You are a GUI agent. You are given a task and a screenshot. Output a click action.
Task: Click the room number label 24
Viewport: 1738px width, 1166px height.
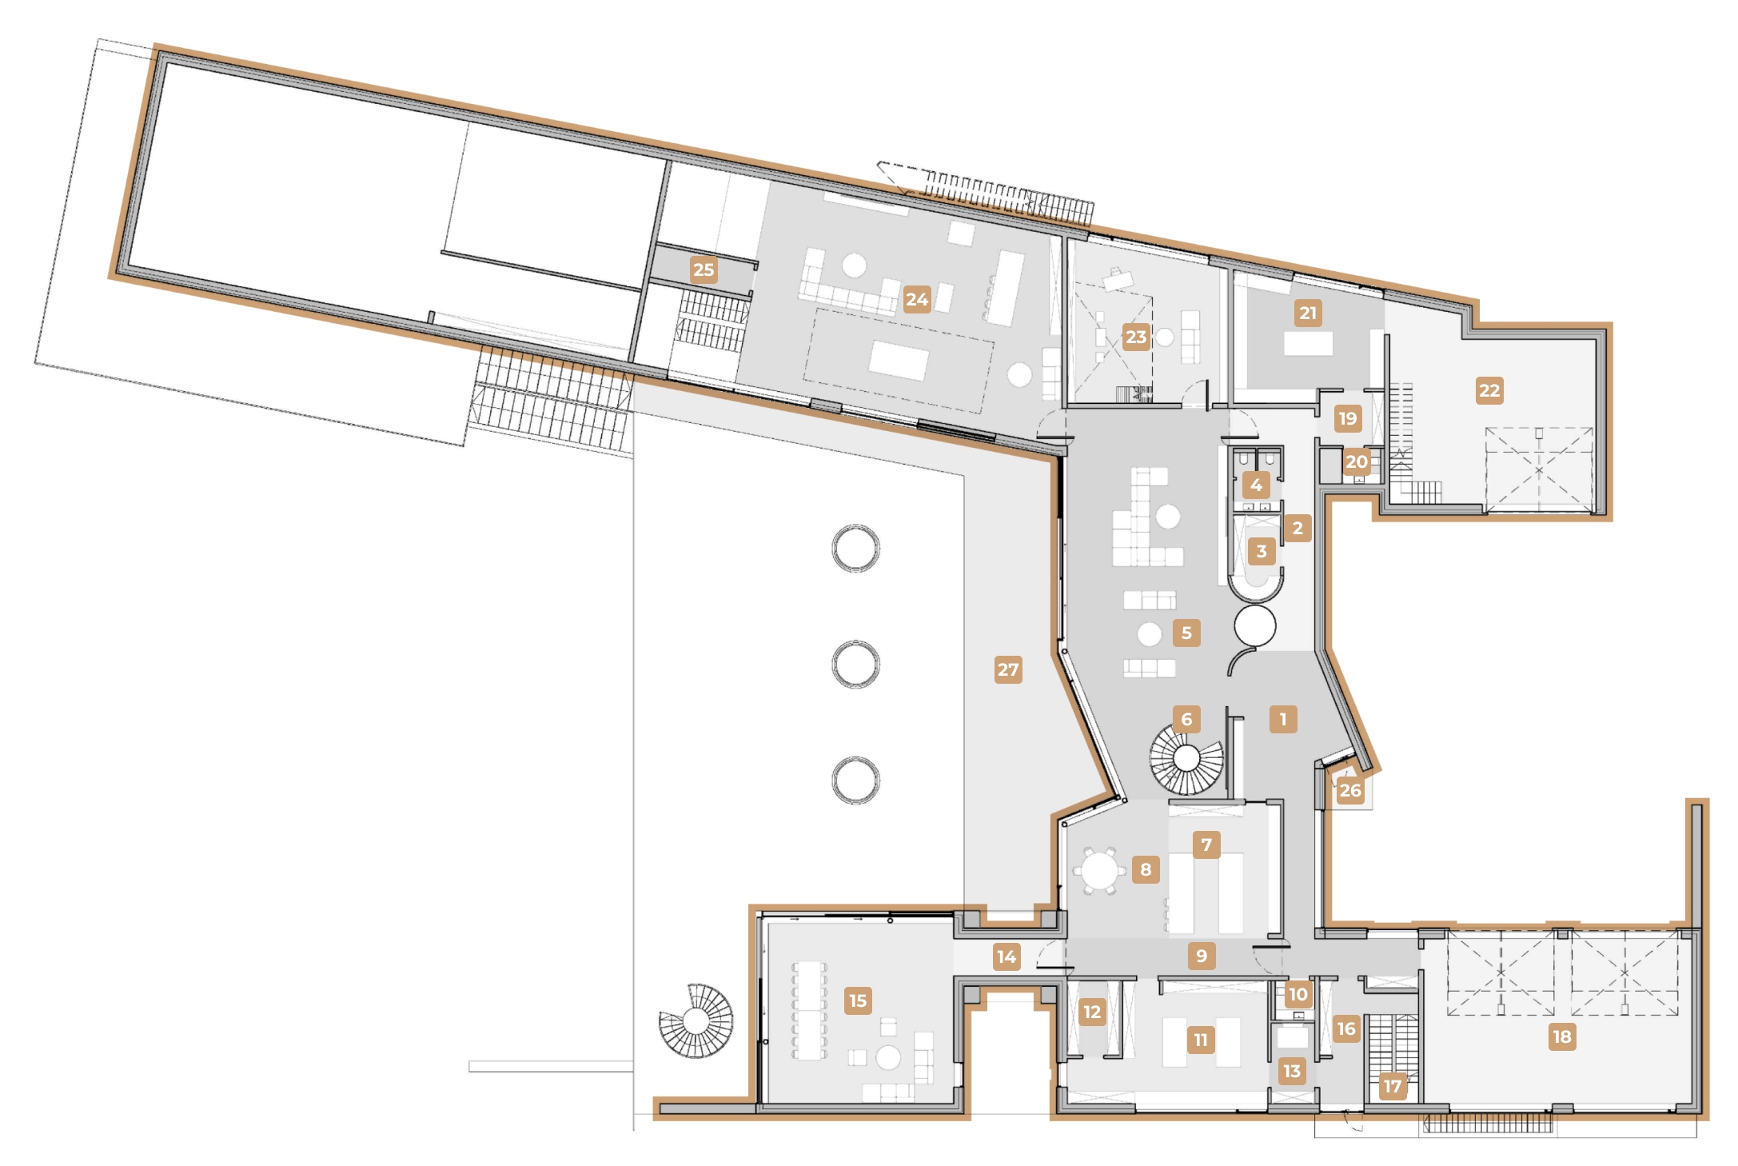pos(917,299)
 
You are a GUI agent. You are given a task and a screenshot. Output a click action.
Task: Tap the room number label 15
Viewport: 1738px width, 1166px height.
pos(858,1000)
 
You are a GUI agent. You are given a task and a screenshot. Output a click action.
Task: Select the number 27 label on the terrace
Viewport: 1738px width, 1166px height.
pos(1008,669)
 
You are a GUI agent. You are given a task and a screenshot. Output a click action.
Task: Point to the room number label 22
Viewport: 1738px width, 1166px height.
pos(1489,390)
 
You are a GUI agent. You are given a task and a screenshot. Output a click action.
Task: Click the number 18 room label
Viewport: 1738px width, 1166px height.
pos(1561,1036)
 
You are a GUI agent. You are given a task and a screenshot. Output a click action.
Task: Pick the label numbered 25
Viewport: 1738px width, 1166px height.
pos(704,270)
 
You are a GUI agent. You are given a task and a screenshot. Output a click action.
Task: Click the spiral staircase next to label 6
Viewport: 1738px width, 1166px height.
pos(1186,758)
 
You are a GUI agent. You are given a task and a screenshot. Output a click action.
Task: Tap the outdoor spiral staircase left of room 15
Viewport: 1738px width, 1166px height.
pos(696,1020)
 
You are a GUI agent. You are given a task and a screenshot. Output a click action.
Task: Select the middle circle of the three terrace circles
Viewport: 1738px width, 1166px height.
pos(855,664)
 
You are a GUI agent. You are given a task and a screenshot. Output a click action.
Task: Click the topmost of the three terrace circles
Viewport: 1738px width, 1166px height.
pos(855,548)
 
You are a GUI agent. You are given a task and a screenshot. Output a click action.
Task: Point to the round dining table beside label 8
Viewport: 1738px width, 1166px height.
pos(1099,870)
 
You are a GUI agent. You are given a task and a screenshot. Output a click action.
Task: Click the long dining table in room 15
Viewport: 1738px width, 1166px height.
pos(809,1009)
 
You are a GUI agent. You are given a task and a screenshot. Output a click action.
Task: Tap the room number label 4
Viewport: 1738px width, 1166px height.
pos(1256,485)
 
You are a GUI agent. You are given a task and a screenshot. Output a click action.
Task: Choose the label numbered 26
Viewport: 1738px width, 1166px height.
pos(1349,790)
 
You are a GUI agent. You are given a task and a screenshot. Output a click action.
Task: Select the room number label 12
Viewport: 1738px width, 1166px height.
pos(1092,1012)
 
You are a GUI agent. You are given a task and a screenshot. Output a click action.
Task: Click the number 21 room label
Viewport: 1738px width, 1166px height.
pos(1308,313)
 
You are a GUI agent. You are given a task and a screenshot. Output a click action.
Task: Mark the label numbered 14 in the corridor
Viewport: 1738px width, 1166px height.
pos(1007,956)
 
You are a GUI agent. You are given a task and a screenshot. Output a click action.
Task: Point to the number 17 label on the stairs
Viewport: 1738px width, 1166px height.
pos(1392,1085)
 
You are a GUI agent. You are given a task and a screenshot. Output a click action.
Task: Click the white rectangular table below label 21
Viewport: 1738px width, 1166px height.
pos(1308,344)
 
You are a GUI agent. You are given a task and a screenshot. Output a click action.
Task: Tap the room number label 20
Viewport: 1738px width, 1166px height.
pos(1356,461)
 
